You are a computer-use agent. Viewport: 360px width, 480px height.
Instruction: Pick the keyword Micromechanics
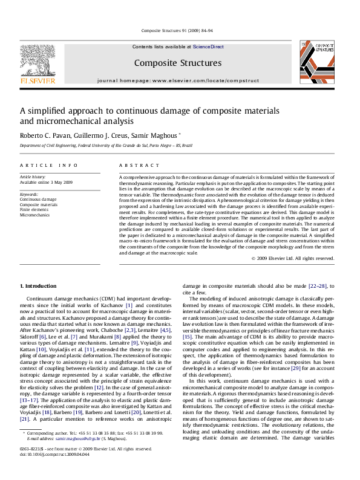click(35, 215)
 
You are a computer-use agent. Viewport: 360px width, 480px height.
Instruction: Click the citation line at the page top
click(180, 30)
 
